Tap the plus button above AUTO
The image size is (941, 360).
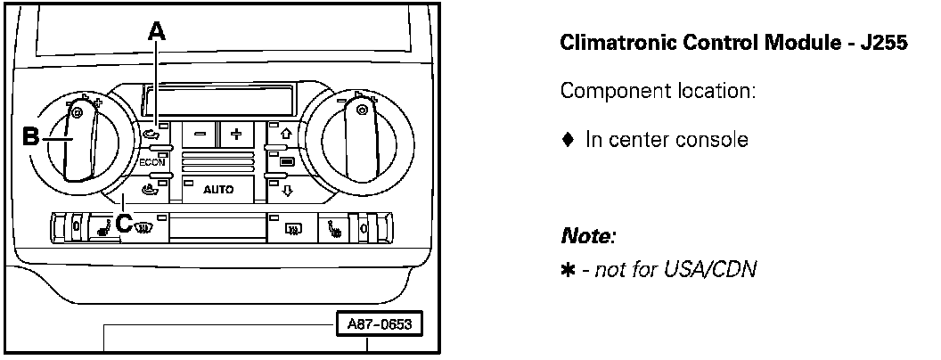(x=236, y=135)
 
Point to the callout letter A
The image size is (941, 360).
(x=157, y=32)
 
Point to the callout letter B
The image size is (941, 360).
(x=29, y=138)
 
